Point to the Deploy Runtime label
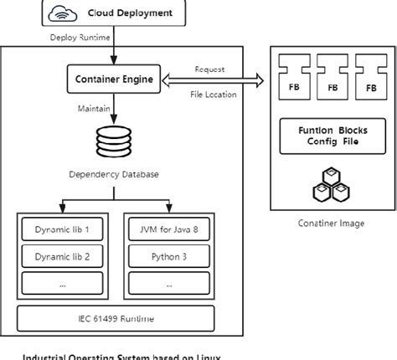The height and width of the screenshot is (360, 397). point(80,39)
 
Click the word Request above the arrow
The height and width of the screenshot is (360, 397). point(209,69)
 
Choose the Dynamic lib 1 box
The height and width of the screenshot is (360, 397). point(62,229)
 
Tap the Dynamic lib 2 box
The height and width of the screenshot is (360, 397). point(62,256)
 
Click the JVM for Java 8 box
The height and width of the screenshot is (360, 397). point(170,229)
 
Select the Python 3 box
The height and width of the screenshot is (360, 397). point(170,256)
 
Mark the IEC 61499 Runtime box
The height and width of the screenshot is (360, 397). point(116,319)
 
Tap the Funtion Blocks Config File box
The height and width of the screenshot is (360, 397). point(333,136)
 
